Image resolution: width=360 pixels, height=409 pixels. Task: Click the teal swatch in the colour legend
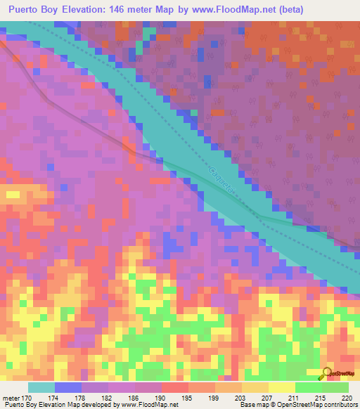(41, 387)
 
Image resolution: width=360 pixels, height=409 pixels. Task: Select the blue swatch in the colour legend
(67, 387)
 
